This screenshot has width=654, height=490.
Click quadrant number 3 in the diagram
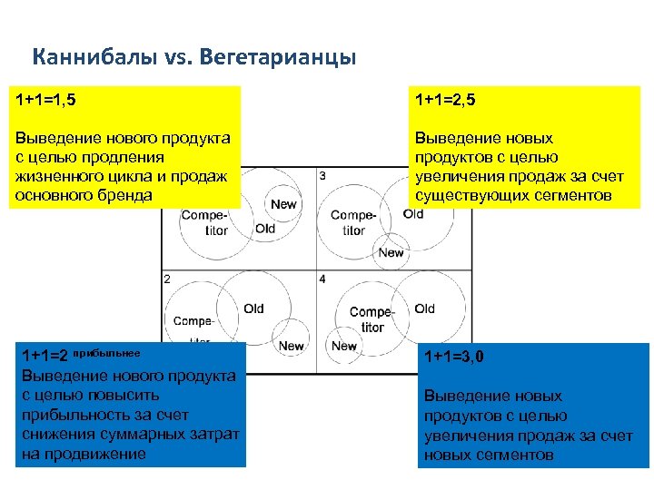click(323, 175)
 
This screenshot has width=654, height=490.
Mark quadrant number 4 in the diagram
click(323, 279)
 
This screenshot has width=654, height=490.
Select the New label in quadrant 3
click(391, 252)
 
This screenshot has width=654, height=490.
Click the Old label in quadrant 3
click(413, 214)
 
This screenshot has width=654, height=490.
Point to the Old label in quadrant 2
click(254, 309)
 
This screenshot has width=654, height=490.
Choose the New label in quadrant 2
click(292, 346)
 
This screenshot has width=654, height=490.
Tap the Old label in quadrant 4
click(424, 309)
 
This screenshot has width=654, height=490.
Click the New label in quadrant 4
click(344, 346)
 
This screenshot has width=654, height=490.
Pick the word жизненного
click(56, 176)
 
